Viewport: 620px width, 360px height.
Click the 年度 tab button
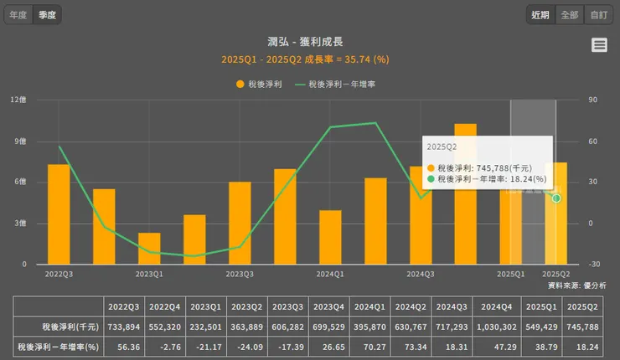(x=18, y=15)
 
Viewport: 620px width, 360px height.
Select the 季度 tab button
(x=47, y=15)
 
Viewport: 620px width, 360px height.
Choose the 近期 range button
(x=540, y=15)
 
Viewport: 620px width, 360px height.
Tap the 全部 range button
(x=569, y=15)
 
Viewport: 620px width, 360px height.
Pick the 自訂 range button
(x=597, y=15)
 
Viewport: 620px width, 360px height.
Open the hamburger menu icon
(x=599, y=45)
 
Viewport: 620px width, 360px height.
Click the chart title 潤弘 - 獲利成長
(x=305, y=42)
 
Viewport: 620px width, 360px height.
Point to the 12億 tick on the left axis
(x=18, y=100)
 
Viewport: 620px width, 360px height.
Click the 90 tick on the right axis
(x=591, y=100)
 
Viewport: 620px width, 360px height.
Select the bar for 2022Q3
(x=59, y=213)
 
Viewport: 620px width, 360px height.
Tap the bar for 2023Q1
(x=149, y=248)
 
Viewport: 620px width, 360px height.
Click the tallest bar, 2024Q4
(x=466, y=193)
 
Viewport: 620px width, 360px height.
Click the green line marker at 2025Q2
(x=556, y=198)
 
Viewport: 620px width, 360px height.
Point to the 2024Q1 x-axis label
(x=330, y=274)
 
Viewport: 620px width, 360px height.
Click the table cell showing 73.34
(x=411, y=346)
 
